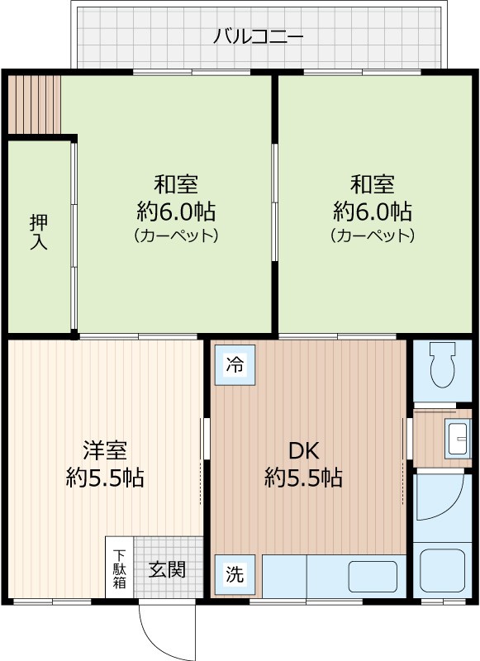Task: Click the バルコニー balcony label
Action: (x=259, y=36)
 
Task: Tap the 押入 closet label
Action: (x=38, y=232)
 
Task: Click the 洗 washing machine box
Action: (x=235, y=575)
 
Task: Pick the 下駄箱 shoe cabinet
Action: (x=120, y=568)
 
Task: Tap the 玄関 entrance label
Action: (x=167, y=569)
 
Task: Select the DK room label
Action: (x=303, y=450)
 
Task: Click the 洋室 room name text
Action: (x=105, y=451)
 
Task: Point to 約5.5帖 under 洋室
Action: (x=105, y=478)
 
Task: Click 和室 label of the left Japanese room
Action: (x=176, y=183)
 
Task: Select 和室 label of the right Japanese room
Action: (x=372, y=183)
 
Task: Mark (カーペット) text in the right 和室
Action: (x=372, y=235)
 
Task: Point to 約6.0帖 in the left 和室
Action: (x=176, y=210)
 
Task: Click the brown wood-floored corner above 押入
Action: (x=35, y=103)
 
